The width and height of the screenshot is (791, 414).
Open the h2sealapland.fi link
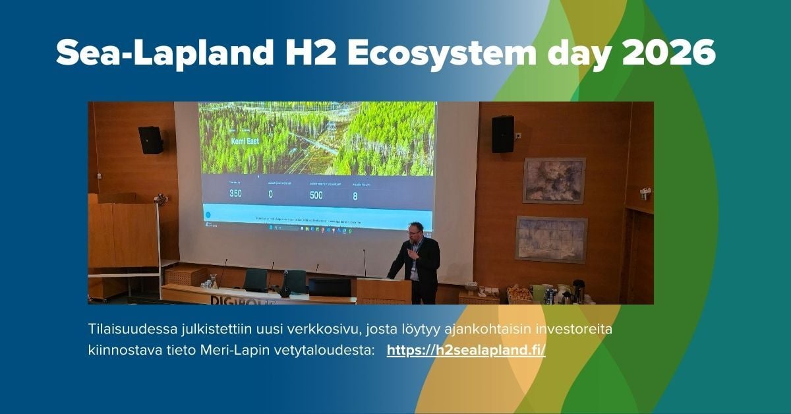click(x=466, y=350)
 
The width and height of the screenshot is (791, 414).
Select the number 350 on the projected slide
click(x=235, y=194)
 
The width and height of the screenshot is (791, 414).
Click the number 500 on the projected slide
click(x=316, y=194)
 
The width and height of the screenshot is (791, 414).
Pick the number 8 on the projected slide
click(x=355, y=195)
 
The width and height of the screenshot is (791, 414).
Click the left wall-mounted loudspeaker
click(x=150, y=140)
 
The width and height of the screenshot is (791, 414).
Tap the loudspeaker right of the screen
click(x=502, y=134)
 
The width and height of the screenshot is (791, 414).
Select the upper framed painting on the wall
click(x=554, y=180)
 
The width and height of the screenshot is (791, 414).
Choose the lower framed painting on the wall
click(x=551, y=239)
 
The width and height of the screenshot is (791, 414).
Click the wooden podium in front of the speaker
click(x=384, y=291)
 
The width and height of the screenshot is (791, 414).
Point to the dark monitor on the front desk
click(x=330, y=287)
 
